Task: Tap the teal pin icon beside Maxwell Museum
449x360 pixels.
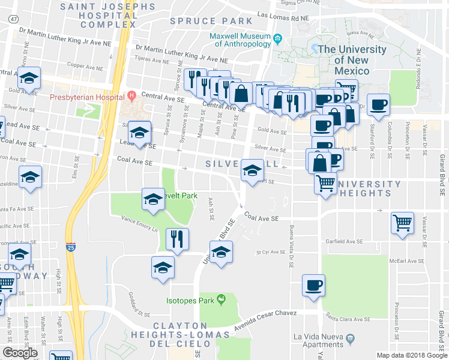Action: tap(277, 40)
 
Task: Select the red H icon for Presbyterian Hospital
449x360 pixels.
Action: tap(130, 95)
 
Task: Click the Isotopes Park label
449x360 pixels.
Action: tap(190, 299)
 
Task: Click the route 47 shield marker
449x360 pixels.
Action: tap(13, 19)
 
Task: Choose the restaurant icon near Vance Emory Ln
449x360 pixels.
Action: tap(177, 238)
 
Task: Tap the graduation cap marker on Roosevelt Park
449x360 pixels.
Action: tap(153, 199)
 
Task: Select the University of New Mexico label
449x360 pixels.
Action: tap(348, 60)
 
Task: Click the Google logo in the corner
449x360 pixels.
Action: tap(20, 353)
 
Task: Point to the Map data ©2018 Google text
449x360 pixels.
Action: tap(412, 355)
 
